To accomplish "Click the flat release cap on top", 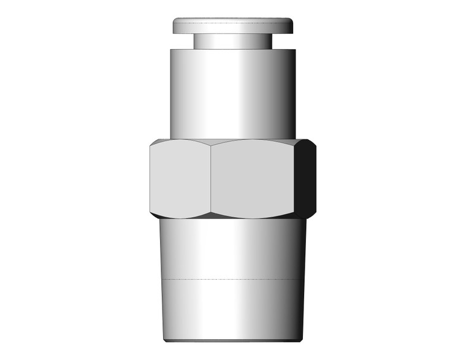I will tap(233, 25).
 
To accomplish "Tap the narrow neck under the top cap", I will tap(233, 40).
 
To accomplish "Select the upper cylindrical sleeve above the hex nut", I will tap(233, 92).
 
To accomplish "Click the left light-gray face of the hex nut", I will tap(180, 179).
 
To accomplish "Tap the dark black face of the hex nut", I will tap(306, 179).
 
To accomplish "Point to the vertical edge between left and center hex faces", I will tap(210, 179).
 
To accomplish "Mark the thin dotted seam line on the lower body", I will tap(233, 279).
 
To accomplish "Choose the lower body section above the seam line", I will tap(233, 248).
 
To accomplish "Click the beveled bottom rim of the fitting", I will tap(233, 339).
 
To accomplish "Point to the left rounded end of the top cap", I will tap(175, 25).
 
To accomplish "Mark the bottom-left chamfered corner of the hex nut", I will tap(153, 215).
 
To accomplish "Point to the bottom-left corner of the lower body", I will tap(165, 339).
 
